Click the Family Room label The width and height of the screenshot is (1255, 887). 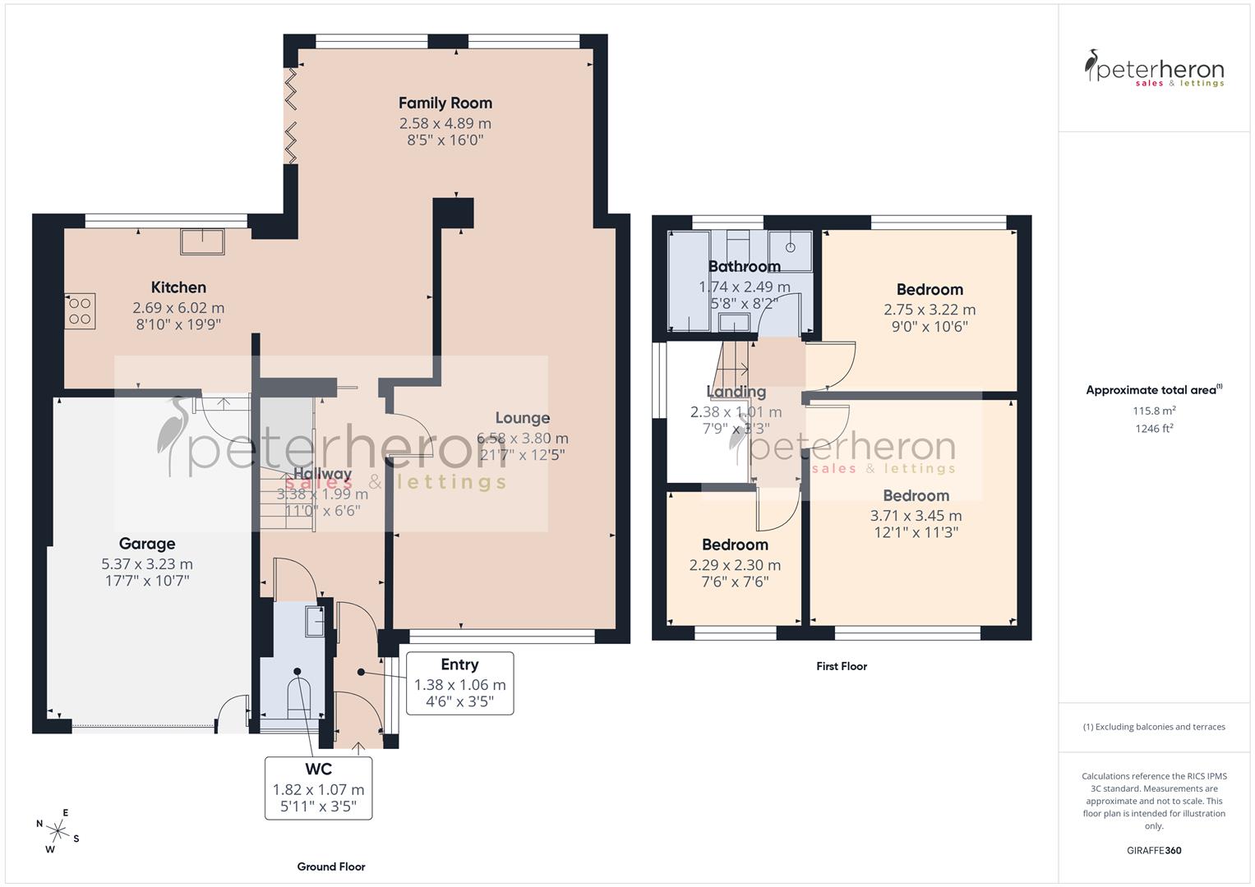click(x=445, y=103)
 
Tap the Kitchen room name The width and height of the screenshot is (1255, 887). click(x=178, y=287)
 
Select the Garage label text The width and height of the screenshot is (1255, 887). click(x=147, y=544)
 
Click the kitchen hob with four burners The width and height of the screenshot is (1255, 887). click(x=80, y=311)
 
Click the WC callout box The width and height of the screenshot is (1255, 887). click(x=318, y=788)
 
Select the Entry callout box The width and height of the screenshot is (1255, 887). click(x=459, y=683)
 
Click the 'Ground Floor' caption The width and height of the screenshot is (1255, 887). click(x=330, y=866)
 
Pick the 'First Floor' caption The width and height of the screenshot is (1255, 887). click(x=842, y=666)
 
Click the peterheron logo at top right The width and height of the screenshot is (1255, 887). click(x=1154, y=69)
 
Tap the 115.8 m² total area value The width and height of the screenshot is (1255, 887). click(x=1154, y=410)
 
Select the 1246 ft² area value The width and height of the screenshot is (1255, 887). click(x=1154, y=428)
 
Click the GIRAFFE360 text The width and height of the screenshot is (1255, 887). click(x=1154, y=850)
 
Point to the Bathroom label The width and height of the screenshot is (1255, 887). click(x=744, y=266)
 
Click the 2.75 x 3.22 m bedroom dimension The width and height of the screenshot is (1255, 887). click(x=930, y=310)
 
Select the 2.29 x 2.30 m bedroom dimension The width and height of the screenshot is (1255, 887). click(x=735, y=565)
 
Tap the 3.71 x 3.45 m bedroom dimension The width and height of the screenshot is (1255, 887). click(x=916, y=516)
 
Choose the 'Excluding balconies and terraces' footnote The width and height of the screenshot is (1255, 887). click(x=1154, y=727)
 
